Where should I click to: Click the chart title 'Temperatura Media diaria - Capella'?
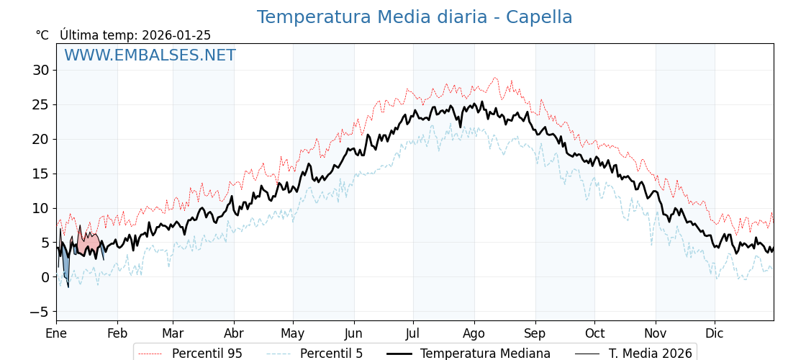point(415,17)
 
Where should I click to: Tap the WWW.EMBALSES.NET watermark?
point(150,55)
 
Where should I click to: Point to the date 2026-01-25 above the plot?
point(176,35)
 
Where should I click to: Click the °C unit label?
point(42,35)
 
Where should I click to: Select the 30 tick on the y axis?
point(40,70)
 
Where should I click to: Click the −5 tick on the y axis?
point(39,312)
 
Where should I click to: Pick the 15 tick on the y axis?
point(40,174)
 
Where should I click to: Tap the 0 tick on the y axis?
point(45,277)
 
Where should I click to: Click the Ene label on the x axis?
point(56,333)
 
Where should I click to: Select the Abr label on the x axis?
point(234,333)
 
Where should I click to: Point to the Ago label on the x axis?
point(474,333)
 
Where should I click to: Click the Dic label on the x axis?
point(715,333)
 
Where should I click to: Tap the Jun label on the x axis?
point(354,333)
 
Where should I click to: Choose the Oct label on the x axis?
point(594,333)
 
